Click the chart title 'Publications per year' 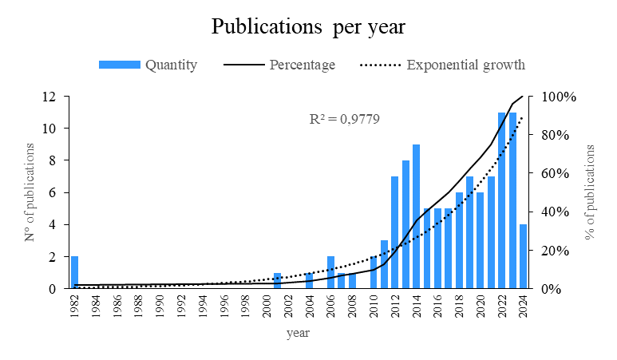tap(308, 27)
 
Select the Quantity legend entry tap(148, 65)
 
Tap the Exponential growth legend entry tap(442, 65)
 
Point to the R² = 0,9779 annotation tap(344, 120)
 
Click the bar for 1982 tap(74, 272)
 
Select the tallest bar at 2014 tap(416, 216)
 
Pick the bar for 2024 tap(523, 256)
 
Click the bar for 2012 tap(394, 232)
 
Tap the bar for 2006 tap(330, 272)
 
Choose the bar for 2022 tap(501, 200)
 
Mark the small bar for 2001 tap(277, 280)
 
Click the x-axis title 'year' tap(298, 333)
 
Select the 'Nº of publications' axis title tap(30, 192)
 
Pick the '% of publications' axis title tap(591, 192)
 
